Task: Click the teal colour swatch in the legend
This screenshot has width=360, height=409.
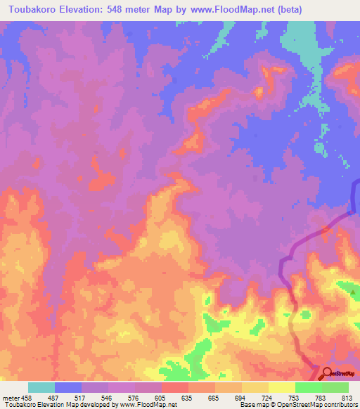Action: (41, 387)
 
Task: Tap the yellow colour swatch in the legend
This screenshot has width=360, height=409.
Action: (282, 387)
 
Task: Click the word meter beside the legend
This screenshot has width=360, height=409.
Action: (10, 398)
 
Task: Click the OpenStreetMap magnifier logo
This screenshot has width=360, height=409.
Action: (327, 372)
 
